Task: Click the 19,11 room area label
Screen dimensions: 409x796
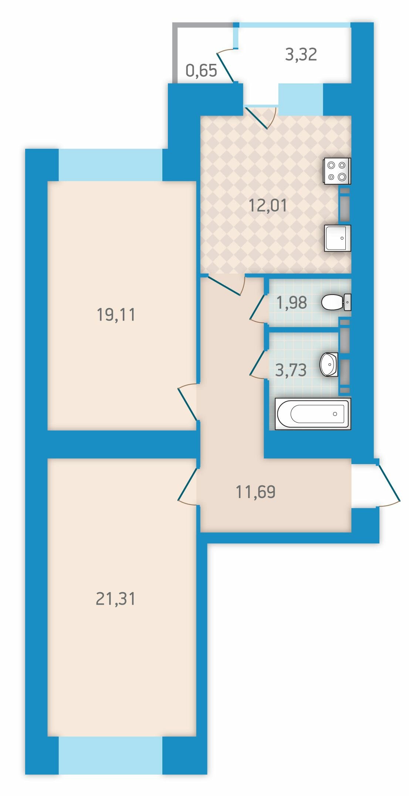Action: pos(116,315)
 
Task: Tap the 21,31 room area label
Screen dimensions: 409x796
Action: pos(115,598)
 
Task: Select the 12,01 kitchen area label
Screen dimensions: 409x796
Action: pos(268,205)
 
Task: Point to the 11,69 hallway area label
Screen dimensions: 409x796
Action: pos(256,492)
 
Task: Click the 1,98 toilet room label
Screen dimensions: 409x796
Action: pos(291,303)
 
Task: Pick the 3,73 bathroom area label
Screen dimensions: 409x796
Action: pos(291,370)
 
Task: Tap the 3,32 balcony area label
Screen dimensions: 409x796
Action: pos(301,54)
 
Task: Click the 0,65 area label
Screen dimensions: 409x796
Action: pos(201,70)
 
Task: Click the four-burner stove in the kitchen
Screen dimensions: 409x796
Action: pos(337,171)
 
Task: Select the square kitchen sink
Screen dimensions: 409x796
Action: pos(338,238)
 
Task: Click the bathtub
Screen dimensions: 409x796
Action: pos(313,414)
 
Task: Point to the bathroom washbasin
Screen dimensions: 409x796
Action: pos(329,365)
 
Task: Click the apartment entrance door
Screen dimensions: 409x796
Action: pos(388,483)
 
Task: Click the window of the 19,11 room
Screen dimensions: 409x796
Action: pos(111,165)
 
